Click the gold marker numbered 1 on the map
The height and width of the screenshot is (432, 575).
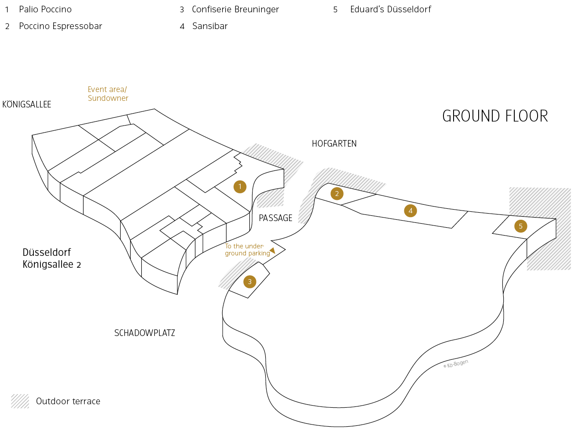(240, 187)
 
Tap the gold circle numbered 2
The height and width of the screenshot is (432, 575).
(337, 193)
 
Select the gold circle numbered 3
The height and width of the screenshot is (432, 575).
(249, 282)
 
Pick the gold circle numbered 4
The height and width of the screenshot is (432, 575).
(410, 210)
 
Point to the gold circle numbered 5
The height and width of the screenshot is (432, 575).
(520, 226)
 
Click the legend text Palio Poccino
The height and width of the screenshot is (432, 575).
(45, 9)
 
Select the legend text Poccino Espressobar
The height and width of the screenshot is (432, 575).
(60, 26)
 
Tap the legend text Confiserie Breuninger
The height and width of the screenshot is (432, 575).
(235, 9)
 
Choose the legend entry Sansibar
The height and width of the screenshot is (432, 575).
(210, 26)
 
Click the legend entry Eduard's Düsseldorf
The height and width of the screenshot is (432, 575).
(390, 9)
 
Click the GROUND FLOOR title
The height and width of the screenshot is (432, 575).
(495, 116)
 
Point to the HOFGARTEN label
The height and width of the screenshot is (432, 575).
(334, 144)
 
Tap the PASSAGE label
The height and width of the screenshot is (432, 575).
(275, 218)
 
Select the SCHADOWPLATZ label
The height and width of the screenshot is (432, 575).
(144, 333)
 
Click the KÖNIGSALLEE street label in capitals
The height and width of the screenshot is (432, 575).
(27, 104)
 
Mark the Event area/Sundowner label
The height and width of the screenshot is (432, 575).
(108, 94)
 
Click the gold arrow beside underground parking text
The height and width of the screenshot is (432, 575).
(272, 250)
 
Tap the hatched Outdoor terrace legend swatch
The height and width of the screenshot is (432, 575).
(20, 401)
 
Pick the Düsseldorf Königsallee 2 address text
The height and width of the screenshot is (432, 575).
(51, 258)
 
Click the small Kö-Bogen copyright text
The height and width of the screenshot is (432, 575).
(456, 364)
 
